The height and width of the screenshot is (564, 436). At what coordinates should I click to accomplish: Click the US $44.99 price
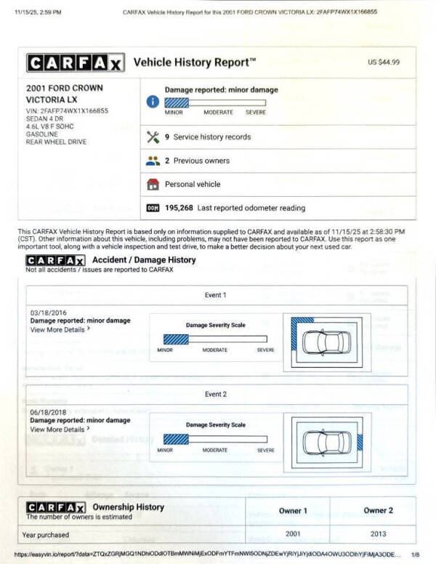pyautogui.click(x=384, y=63)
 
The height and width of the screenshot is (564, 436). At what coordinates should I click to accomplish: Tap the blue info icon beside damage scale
pyautogui.click(x=153, y=102)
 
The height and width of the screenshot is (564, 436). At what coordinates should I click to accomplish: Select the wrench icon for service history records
pyautogui.click(x=153, y=137)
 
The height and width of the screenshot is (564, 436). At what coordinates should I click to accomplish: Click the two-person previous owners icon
pyautogui.click(x=153, y=161)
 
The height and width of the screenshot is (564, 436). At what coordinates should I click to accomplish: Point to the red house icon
pyautogui.click(x=153, y=184)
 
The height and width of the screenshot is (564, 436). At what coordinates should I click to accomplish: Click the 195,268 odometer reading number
pyautogui.click(x=179, y=208)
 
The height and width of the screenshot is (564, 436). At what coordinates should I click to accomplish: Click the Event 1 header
pyautogui.click(x=215, y=295)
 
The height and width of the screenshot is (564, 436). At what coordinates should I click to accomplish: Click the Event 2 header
pyautogui.click(x=215, y=394)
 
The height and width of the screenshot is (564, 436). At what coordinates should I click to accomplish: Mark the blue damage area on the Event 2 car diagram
pyautogui.click(x=359, y=440)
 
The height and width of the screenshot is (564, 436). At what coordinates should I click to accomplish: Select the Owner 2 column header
pyautogui.click(x=379, y=510)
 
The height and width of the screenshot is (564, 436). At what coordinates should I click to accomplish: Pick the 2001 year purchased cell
pyautogui.click(x=293, y=535)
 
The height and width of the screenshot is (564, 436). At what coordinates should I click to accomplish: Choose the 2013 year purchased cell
pyautogui.click(x=379, y=535)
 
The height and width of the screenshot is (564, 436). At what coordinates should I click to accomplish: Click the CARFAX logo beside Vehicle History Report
pyautogui.click(x=75, y=63)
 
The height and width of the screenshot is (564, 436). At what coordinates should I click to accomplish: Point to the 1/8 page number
pyautogui.click(x=415, y=555)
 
